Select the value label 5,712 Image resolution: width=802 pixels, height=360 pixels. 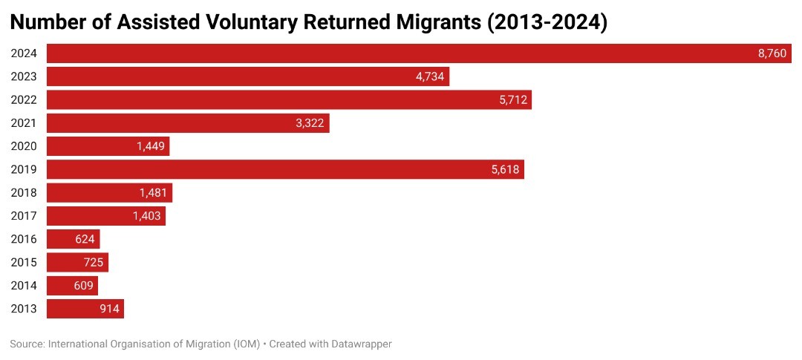click(513, 100)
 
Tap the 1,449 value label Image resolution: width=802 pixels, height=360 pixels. click(151, 146)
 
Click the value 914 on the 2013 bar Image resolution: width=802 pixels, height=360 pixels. click(110, 309)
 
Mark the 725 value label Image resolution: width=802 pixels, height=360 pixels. click(94, 263)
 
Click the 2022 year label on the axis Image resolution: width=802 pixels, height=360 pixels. click(25, 100)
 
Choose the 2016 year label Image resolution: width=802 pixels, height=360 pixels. click(25, 239)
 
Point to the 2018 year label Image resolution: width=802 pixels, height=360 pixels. click(25, 193)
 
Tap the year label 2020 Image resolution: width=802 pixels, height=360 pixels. click(25, 146)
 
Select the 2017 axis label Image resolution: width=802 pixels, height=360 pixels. click(25, 216)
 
